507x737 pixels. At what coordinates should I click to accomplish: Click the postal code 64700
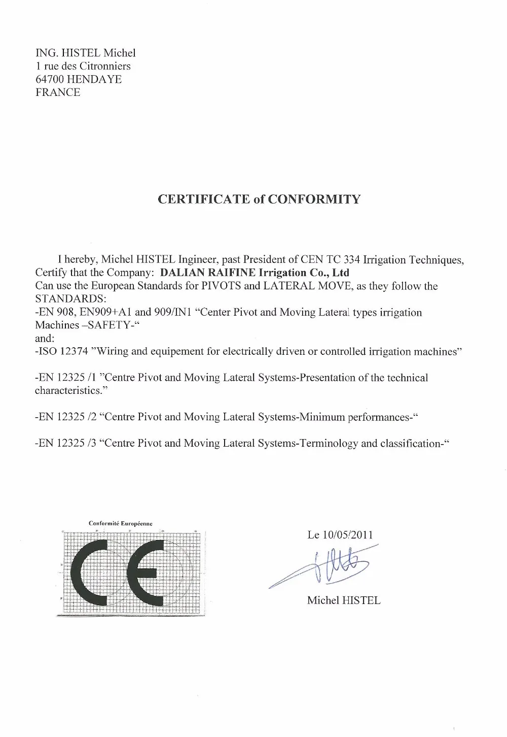coord(50,79)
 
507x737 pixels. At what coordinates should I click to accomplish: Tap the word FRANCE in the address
coord(58,92)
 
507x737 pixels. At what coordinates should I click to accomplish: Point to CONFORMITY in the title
coord(314,199)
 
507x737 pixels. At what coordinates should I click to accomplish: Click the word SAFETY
coord(104,326)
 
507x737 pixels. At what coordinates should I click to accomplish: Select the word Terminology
coord(329,444)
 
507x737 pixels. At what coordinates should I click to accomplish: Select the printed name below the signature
coord(343,600)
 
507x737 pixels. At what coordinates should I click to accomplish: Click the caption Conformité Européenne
coord(121,523)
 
